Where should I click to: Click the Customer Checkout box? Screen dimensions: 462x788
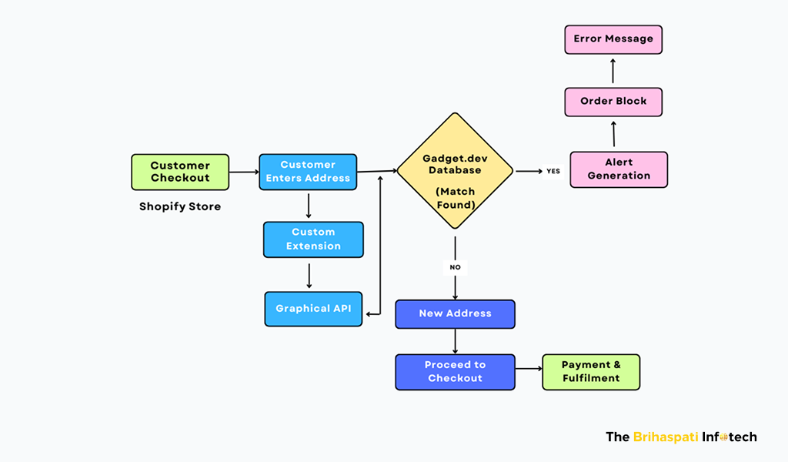180,172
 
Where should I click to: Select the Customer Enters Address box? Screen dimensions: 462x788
308,172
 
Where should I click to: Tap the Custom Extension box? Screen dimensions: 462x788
313,239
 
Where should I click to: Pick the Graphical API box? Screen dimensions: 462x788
313,309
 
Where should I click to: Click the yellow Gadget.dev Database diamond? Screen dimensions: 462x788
455,171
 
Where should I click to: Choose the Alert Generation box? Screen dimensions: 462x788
619,169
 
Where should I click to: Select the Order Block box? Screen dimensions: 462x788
613,102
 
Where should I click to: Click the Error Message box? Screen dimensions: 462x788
613,39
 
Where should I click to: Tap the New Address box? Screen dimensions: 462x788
455,314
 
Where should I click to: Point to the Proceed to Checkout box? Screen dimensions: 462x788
455,372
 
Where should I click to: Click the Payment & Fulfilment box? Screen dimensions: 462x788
591,372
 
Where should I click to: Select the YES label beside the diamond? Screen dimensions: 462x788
553,171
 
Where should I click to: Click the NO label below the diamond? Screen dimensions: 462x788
455,268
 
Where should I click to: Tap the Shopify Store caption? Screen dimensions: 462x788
180,206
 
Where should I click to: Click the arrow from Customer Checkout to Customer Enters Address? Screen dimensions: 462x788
244,172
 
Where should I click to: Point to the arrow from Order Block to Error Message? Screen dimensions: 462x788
613,71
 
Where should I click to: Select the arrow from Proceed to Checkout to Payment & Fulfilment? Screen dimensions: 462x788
528,369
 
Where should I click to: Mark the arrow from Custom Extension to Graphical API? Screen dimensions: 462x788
309,274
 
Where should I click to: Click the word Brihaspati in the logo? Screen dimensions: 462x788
666,437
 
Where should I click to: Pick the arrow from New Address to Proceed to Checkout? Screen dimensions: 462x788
455,341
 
